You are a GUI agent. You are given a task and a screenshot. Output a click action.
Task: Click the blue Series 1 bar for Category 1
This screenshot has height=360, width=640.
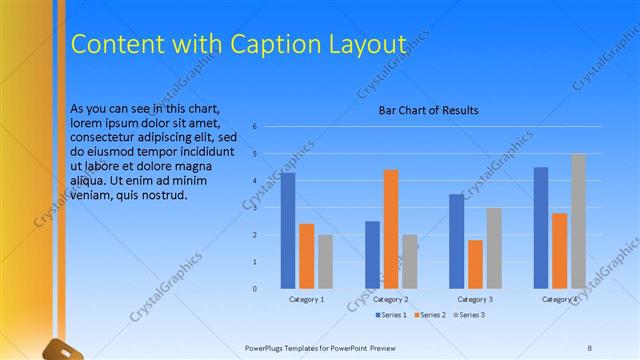click(x=288, y=231)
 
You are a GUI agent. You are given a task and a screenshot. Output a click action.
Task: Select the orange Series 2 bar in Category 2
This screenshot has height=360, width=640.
click(x=391, y=229)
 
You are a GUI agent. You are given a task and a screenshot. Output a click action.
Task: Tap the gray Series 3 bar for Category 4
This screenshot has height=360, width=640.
click(x=579, y=221)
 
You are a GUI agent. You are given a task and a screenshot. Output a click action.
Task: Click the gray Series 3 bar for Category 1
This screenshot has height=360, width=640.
click(x=326, y=262)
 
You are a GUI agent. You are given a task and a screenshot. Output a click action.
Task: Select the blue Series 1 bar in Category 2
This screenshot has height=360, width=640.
click(x=372, y=255)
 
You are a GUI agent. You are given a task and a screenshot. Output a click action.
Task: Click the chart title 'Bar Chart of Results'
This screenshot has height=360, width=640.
click(x=428, y=110)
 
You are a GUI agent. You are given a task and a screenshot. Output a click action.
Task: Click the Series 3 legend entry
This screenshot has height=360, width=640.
click(x=470, y=315)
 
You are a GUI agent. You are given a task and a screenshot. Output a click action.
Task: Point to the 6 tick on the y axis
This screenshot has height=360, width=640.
click(x=255, y=127)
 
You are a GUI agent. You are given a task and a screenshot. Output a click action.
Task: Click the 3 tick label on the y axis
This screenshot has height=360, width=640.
click(x=255, y=208)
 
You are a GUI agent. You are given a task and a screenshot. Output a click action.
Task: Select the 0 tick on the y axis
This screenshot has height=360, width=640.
click(x=255, y=289)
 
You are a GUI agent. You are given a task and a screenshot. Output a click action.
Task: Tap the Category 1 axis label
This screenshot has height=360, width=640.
click(x=307, y=299)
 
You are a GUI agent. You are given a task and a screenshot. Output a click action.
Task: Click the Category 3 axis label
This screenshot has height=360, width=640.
click(x=475, y=299)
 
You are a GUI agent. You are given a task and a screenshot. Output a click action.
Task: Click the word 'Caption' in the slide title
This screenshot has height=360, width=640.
click(x=267, y=44)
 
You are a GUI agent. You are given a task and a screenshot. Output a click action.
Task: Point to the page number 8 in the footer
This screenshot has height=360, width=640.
click(x=590, y=347)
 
